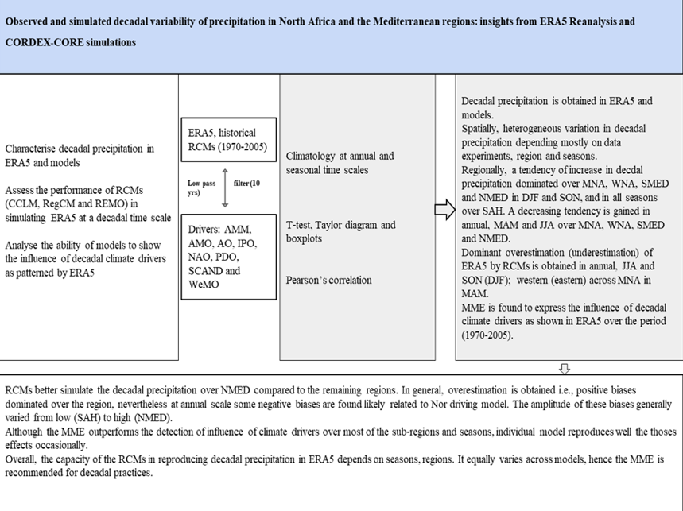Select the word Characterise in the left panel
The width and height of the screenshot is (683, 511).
36,149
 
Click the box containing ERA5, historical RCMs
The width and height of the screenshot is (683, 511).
227,141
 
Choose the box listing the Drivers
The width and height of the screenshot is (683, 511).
227,257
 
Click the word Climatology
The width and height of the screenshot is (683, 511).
314,156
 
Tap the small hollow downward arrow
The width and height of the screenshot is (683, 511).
566,368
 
